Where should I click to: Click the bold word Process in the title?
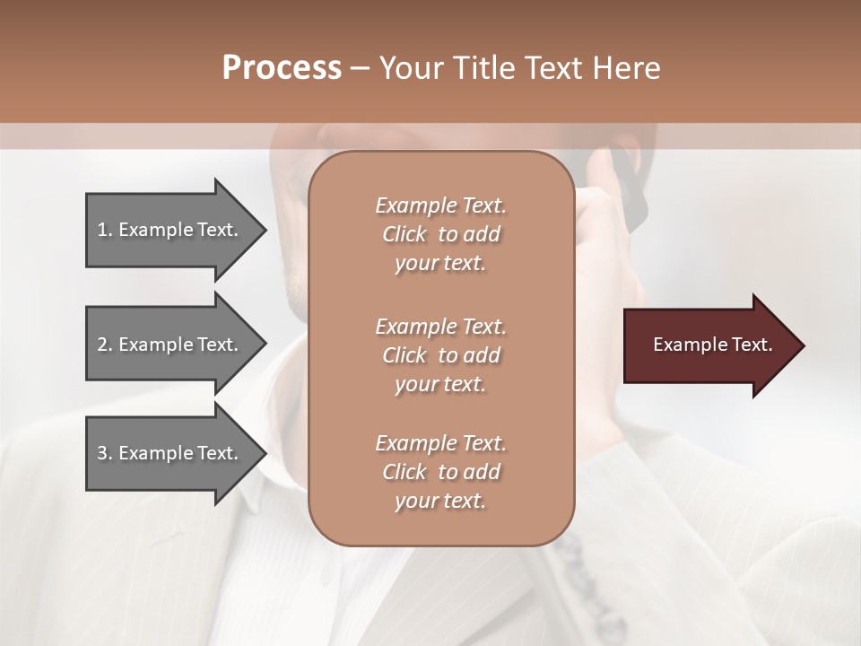click(282, 68)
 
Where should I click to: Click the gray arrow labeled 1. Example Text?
click(170, 231)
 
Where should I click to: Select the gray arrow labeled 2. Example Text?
click(170, 345)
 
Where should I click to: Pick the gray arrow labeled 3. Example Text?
click(170, 454)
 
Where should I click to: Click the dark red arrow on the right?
click(709, 345)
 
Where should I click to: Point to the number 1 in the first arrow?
click(101, 231)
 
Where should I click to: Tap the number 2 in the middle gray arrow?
click(101, 345)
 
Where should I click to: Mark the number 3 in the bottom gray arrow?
click(101, 454)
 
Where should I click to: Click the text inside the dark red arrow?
click(712, 345)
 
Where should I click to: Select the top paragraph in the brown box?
click(440, 234)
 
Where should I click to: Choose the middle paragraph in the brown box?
click(440, 355)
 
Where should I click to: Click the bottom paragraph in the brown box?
click(440, 472)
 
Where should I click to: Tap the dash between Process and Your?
click(360, 68)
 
